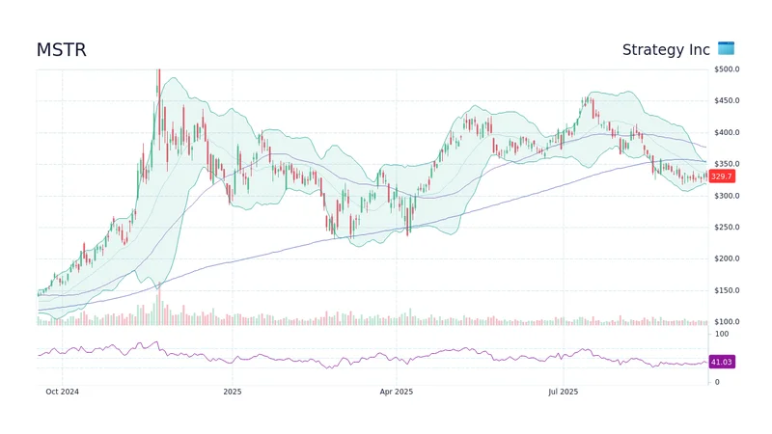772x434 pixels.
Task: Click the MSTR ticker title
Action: click(61, 50)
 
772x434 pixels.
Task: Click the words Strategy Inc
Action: click(666, 50)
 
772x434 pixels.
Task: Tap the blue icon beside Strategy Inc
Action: click(726, 49)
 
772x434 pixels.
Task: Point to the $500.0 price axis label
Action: click(727, 69)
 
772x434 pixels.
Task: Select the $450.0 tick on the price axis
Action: click(727, 101)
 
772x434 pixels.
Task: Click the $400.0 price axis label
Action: click(727, 133)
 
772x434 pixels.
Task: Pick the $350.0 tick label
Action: click(727, 164)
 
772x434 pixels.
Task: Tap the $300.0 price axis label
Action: click(727, 196)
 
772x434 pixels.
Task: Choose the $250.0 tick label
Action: click(727, 228)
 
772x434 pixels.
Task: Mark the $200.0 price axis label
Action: click(727, 259)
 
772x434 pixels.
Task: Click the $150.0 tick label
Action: click(727, 290)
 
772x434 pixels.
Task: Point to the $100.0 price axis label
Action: click(727, 322)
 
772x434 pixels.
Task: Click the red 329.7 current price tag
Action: click(722, 176)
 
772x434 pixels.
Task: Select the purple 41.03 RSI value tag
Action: click(722, 362)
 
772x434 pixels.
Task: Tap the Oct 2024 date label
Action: click(62, 393)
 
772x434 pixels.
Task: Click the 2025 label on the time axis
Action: click(232, 393)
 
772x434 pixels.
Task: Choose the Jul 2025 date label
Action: click(563, 393)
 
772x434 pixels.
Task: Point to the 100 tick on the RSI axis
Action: click(720, 334)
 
